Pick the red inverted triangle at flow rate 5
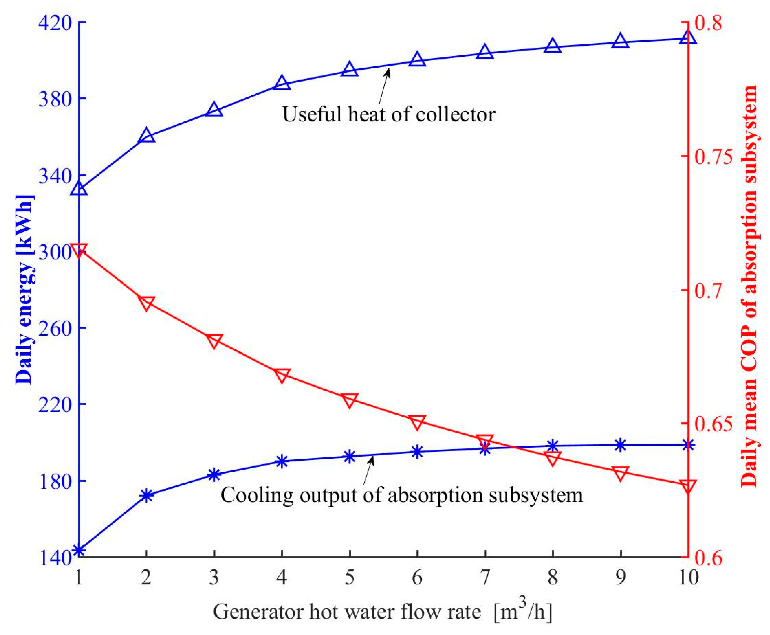(x=350, y=400)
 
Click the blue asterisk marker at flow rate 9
(x=620, y=445)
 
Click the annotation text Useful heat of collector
(x=389, y=114)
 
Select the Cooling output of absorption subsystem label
(x=402, y=495)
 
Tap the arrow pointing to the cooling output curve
(x=369, y=470)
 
